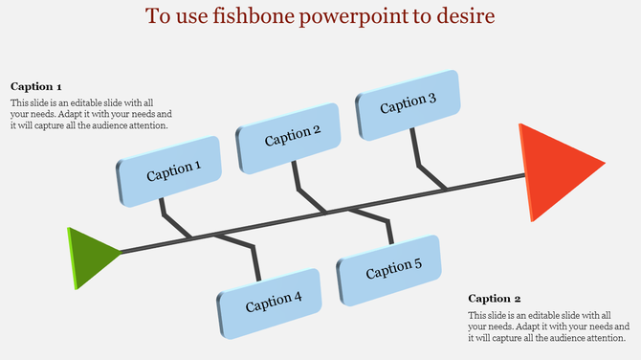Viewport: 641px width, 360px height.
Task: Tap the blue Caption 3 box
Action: pyautogui.click(x=409, y=103)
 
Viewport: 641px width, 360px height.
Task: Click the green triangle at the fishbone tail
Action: pyautogui.click(x=90, y=256)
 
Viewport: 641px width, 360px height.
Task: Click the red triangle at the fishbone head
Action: pyautogui.click(x=555, y=171)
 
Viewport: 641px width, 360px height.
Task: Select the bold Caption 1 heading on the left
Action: pyautogui.click(x=36, y=86)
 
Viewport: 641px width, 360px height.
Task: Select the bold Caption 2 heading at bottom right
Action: pyautogui.click(x=495, y=299)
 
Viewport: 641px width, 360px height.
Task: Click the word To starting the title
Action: pyautogui.click(x=159, y=17)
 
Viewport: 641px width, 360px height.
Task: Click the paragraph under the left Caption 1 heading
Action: pyautogui.click(x=90, y=114)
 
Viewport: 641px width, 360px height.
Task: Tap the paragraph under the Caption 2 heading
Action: pyautogui.click(x=547, y=326)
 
